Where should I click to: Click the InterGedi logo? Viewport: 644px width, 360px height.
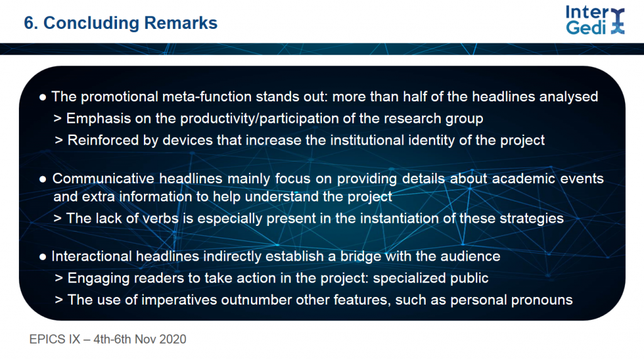595,20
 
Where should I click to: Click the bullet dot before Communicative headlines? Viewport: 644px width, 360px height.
43,179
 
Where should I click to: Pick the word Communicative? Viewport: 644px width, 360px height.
104,178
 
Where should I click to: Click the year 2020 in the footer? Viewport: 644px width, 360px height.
172,339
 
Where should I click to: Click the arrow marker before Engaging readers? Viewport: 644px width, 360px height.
58,279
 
